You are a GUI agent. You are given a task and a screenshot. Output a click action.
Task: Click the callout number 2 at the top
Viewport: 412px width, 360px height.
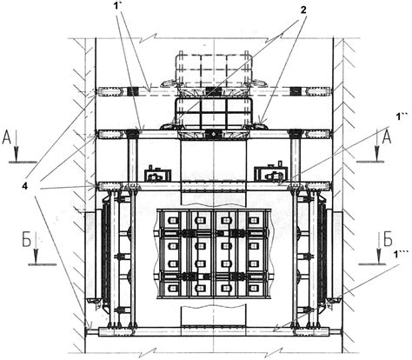pos(303,10)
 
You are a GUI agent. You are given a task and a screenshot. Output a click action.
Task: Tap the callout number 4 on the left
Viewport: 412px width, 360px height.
pos(25,187)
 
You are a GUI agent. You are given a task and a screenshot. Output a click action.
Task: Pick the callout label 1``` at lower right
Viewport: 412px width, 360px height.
pos(399,254)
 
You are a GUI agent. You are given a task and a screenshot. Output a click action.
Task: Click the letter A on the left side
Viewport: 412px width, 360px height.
pos(7,138)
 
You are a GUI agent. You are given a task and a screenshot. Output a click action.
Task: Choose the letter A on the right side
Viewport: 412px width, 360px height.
pos(387,138)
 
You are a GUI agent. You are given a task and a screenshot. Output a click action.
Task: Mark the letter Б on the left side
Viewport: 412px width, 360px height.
pos(27,240)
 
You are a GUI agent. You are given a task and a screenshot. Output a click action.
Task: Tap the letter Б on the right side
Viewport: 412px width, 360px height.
pos(389,239)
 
